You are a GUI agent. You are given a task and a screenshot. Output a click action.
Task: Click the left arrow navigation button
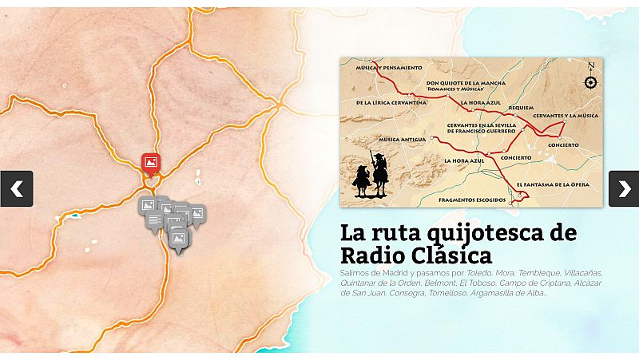click(x=16, y=188)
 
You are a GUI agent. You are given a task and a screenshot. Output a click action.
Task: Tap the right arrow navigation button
click(x=624, y=188)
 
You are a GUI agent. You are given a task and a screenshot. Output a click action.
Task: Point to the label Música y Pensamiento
click(x=387, y=67)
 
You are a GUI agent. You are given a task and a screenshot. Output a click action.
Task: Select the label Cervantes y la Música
click(x=566, y=116)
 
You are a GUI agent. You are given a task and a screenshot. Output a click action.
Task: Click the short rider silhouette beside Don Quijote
click(x=361, y=180)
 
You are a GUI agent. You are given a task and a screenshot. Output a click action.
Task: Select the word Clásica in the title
click(x=451, y=257)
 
